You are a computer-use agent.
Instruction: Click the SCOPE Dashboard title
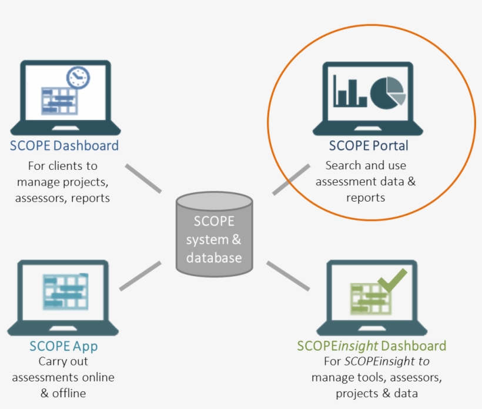point(64,146)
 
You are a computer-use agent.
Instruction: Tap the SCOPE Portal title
point(369,146)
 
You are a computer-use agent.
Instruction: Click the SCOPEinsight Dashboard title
point(371,346)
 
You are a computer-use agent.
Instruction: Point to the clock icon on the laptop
point(78,78)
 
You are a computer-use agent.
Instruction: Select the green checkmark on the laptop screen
point(393,280)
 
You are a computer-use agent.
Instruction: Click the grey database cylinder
point(214,235)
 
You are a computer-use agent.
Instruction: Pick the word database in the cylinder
point(214,257)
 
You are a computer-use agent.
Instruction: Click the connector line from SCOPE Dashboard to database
point(143,179)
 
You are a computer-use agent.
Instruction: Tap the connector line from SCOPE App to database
point(140,276)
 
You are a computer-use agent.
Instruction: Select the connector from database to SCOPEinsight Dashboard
point(287,276)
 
